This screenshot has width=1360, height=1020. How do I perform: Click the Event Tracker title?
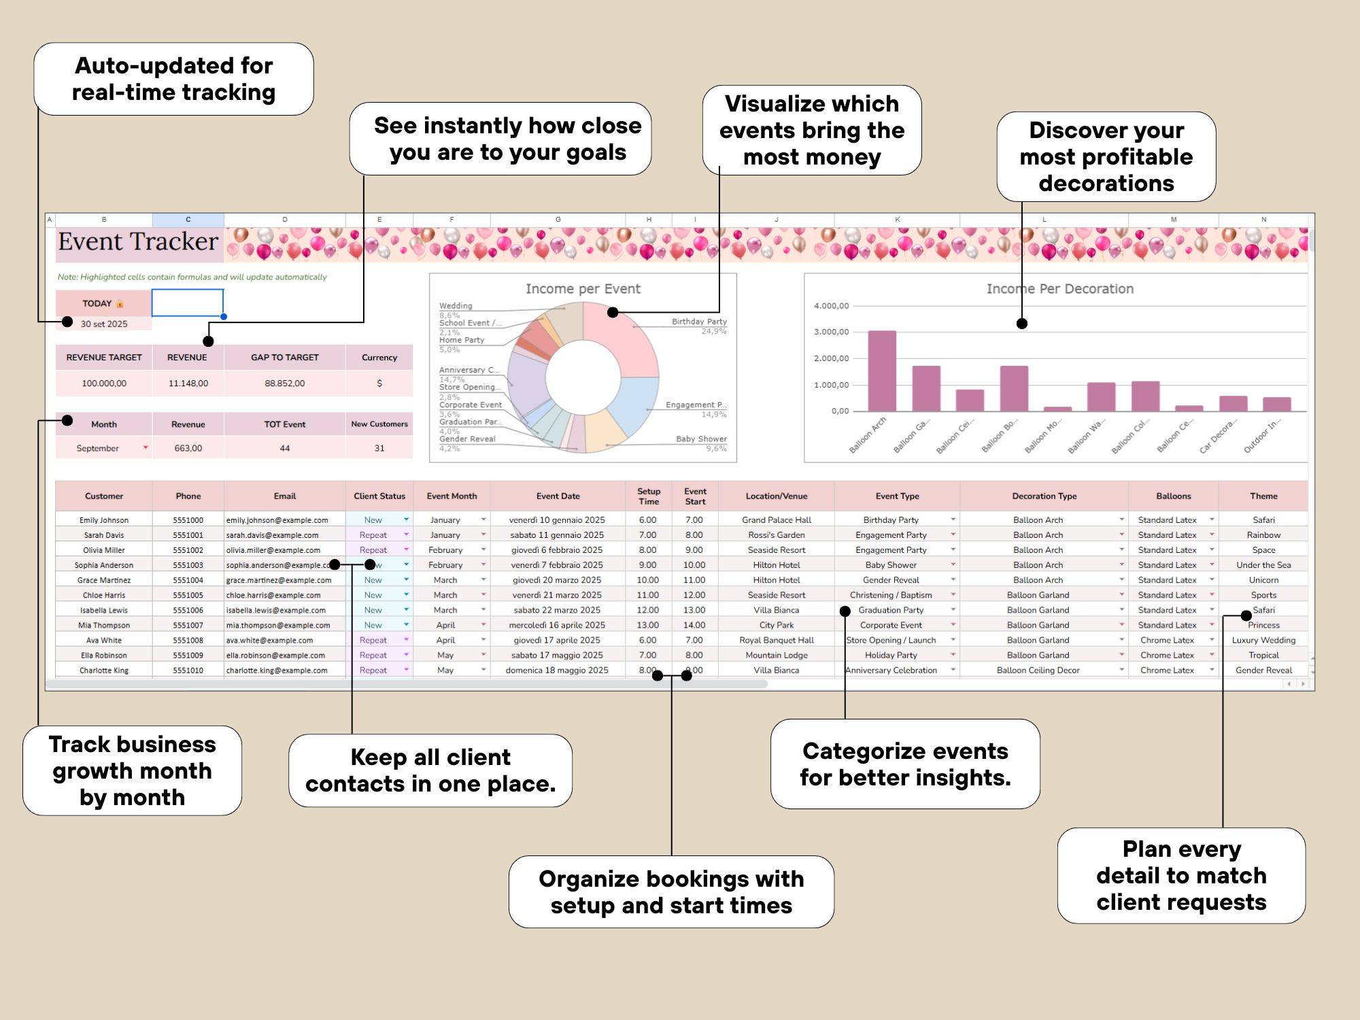pyautogui.click(x=138, y=242)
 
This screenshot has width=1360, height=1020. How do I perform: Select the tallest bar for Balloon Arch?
pyautogui.click(x=882, y=371)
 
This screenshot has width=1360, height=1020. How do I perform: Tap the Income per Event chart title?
pyautogui.click(x=583, y=289)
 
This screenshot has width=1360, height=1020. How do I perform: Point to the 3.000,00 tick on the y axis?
pyautogui.click(x=831, y=332)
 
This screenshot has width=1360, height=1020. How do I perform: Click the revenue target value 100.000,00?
pyautogui.click(x=104, y=384)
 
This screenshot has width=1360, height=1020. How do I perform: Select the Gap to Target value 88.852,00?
pyautogui.click(x=284, y=384)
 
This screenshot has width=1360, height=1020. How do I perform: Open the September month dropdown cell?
pyautogui.click(x=104, y=448)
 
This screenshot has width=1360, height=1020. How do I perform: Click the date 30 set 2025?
pyautogui.click(x=104, y=324)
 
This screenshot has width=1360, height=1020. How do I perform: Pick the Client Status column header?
pyautogui.click(x=379, y=496)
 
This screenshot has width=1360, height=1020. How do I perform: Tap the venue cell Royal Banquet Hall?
pyautogui.click(x=776, y=640)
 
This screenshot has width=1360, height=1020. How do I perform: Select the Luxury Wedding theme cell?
pyautogui.click(x=1263, y=640)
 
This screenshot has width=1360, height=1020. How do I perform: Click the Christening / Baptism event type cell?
pyautogui.click(x=891, y=595)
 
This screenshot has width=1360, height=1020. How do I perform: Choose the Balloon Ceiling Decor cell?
pyautogui.click(x=1038, y=670)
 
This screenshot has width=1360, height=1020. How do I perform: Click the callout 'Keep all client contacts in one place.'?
pyautogui.click(x=430, y=770)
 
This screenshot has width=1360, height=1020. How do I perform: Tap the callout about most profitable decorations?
pyautogui.click(x=1106, y=157)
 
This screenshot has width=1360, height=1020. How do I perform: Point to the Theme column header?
pyautogui.click(x=1263, y=496)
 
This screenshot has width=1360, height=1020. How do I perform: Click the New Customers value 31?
pyautogui.click(x=379, y=448)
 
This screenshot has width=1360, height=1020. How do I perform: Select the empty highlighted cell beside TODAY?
pyautogui.click(x=188, y=303)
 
